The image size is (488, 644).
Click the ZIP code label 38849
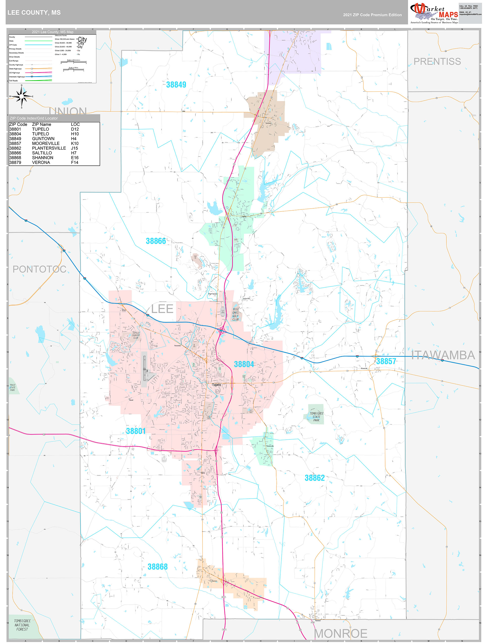click(x=176, y=85)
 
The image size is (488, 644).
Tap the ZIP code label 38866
click(x=156, y=241)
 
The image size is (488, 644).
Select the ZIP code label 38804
click(x=244, y=364)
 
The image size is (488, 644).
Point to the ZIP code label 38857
click(x=386, y=361)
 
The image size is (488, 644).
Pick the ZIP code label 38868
click(x=158, y=566)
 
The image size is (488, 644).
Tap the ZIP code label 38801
click(x=136, y=431)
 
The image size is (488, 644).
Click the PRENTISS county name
click(x=437, y=61)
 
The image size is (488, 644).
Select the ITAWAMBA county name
click(x=443, y=355)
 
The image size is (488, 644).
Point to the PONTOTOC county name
click(x=39, y=269)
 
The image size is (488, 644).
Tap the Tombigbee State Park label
click(x=316, y=417)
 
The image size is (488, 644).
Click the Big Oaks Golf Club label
click(x=236, y=314)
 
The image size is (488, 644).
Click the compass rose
click(x=22, y=96)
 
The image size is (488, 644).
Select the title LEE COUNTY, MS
click(x=34, y=13)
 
